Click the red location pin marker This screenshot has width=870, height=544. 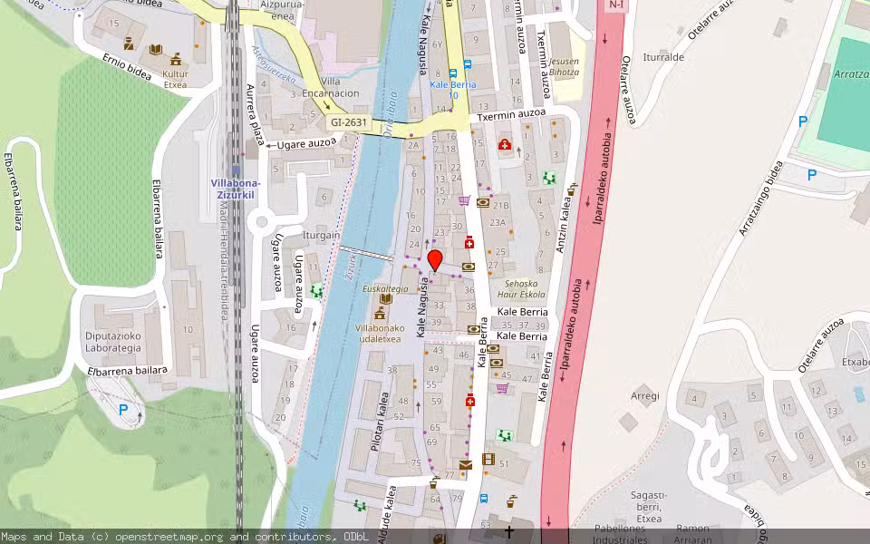tap(435, 261)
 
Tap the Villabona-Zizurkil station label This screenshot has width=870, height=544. tap(236, 187)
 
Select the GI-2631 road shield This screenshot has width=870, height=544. tap(348, 121)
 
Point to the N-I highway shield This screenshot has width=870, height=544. tap(616, 5)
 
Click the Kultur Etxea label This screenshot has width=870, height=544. tap(174, 79)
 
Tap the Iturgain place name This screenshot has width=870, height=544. tap(323, 235)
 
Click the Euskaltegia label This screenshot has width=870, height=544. tap(385, 287)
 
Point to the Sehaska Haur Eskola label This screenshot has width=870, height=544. tap(525, 288)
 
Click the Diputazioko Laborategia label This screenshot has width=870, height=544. tap(113, 341)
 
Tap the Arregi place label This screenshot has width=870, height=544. tap(644, 396)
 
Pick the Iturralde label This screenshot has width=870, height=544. tap(662, 56)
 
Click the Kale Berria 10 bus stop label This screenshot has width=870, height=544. tap(452, 89)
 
